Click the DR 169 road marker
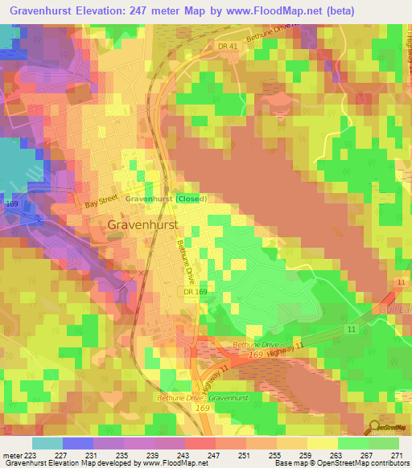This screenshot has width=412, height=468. pyautogui.click(x=194, y=292)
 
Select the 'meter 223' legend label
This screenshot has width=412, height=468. pyautogui.click(x=18, y=454)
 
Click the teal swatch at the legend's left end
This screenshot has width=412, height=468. pyautogui.click(x=47, y=443)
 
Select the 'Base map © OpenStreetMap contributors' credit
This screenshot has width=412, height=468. pyautogui.click(x=339, y=464)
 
